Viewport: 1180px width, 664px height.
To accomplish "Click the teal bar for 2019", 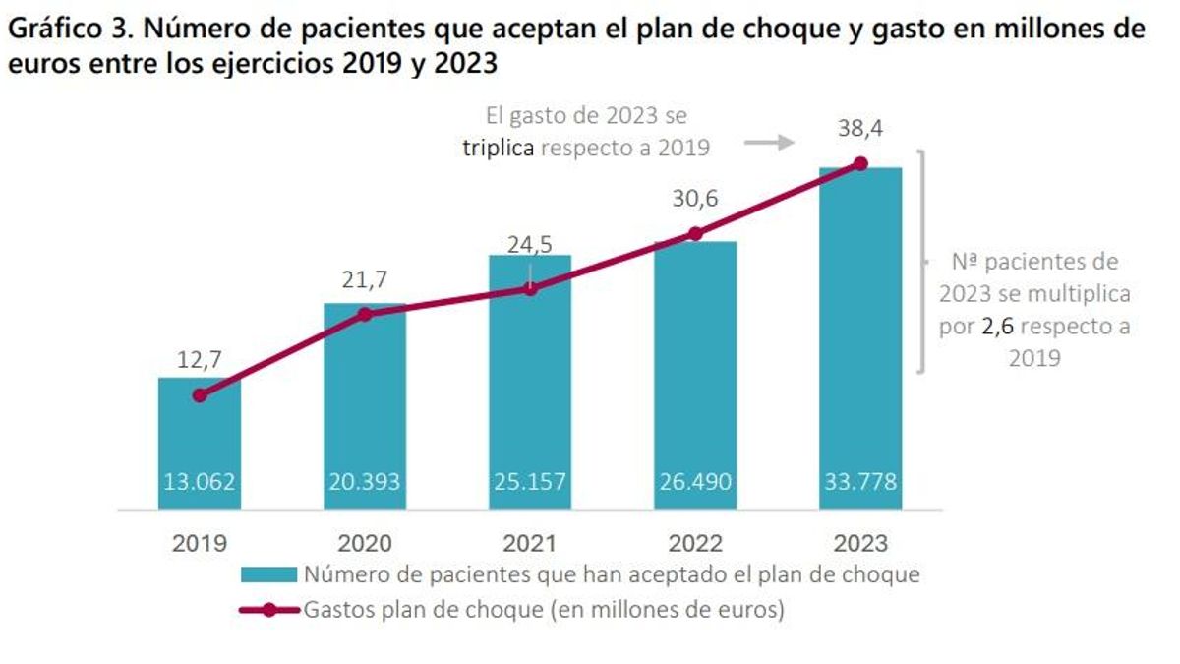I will tap(200, 443).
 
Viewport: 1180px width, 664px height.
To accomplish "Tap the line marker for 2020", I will tap(365, 314).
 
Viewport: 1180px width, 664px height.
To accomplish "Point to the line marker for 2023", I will tap(860, 163).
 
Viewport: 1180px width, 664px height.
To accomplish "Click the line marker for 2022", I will tap(695, 233).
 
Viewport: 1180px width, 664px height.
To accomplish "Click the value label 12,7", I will tap(200, 360).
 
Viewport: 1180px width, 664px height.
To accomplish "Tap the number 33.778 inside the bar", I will tap(860, 484).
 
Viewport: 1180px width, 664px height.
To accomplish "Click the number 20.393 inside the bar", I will tap(365, 484).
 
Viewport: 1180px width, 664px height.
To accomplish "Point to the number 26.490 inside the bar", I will tap(695, 484).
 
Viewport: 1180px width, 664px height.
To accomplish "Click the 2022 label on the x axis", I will tap(695, 543).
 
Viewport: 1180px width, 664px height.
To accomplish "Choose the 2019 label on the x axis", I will tap(200, 543).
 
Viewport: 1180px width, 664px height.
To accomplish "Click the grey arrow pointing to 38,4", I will tap(768, 143).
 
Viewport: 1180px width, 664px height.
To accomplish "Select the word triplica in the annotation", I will tap(500, 148).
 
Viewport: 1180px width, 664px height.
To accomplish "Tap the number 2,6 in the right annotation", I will tap(1002, 327).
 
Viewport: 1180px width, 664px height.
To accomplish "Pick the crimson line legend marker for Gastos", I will tap(268, 610).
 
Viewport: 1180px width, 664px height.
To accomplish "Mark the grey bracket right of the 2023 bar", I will tap(921, 262).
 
